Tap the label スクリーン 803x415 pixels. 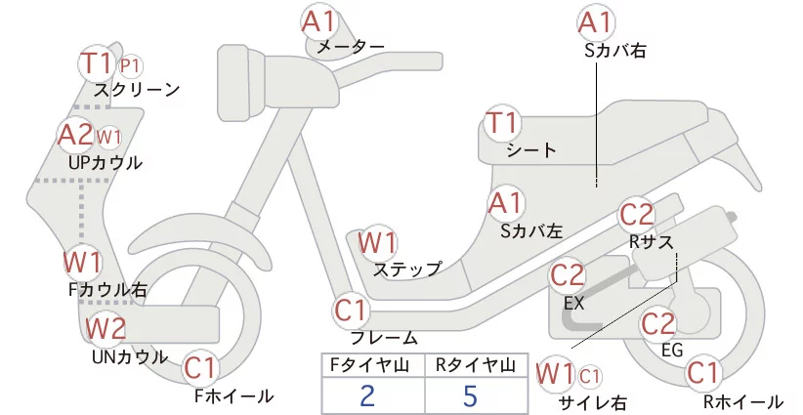tap(137, 90)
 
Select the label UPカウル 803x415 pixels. tap(106, 162)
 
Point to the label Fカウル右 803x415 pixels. tap(107, 289)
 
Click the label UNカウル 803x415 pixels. tap(129, 356)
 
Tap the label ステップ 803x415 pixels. tap(408, 269)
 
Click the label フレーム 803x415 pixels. tap(384, 338)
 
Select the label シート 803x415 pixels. tap(531, 150)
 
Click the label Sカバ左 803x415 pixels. tap(531, 231)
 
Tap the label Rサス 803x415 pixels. tap(652, 240)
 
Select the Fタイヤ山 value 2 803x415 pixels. tap(367, 395)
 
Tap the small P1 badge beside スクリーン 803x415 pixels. tap(131, 65)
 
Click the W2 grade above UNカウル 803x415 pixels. tap(106, 329)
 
